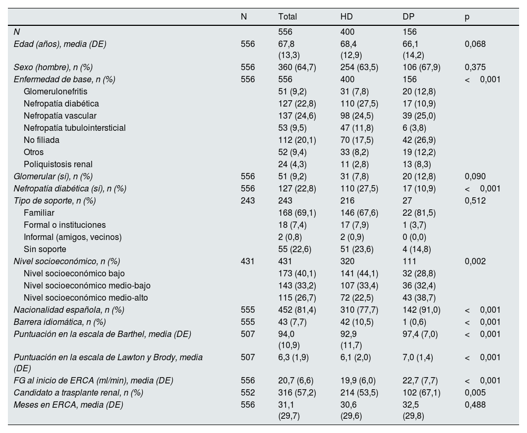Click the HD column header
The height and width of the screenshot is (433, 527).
[346, 16]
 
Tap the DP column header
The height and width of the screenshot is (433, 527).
[408, 16]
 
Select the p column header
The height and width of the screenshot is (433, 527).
[467, 16]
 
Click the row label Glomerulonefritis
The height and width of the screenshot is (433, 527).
[55, 91]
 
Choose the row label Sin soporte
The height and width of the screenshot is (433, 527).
[45, 249]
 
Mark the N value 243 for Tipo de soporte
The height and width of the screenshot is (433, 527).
[248, 200]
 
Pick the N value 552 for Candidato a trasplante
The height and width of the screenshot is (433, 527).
[248, 392]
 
